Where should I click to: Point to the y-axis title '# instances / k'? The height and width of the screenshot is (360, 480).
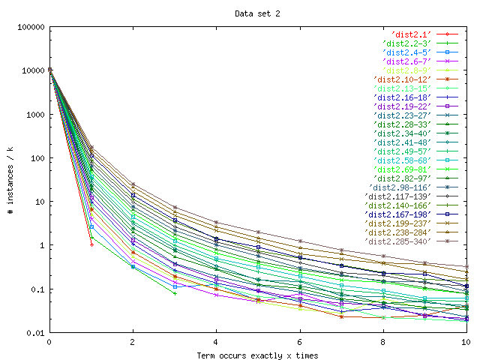(x=11, y=180)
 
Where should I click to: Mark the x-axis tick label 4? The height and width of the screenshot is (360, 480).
(x=217, y=342)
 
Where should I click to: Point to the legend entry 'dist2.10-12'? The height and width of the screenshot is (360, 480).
(x=402, y=79)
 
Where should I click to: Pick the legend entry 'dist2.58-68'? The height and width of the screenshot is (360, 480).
(x=402, y=160)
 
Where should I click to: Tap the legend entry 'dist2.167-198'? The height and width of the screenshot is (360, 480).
(x=397, y=214)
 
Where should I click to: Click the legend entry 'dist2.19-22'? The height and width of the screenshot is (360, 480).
(x=402, y=106)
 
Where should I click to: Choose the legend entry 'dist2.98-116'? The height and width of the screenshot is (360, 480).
(x=400, y=187)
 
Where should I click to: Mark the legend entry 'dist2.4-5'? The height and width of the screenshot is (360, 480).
(x=405, y=52)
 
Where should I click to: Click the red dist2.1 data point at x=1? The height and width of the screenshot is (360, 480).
(x=91, y=244)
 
